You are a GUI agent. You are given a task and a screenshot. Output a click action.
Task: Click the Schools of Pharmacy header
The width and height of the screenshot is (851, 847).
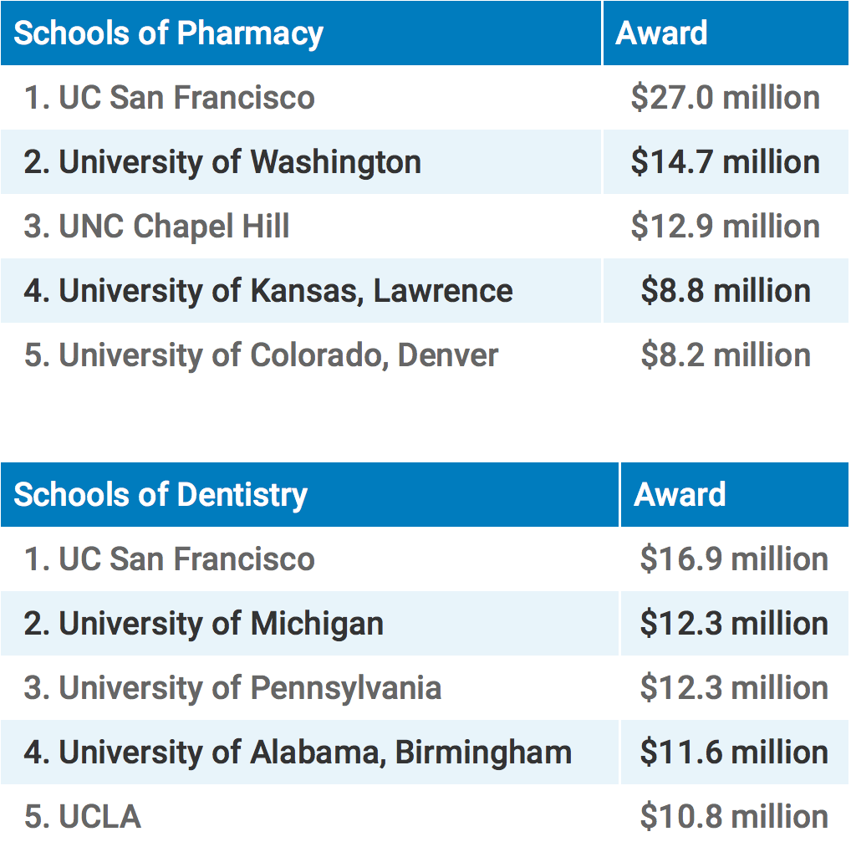tap(169, 33)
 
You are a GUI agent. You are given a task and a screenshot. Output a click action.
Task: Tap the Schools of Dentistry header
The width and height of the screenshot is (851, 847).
tap(161, 495)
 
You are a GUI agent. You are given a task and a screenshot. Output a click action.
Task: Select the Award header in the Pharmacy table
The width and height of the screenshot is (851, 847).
tap(661, 33)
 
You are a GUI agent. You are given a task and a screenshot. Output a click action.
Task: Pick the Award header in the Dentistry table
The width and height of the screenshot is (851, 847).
tap(680, 495)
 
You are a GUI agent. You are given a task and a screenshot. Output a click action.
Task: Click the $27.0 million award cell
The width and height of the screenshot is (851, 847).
tap(725, 98)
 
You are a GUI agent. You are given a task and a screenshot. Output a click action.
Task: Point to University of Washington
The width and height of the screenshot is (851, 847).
tap(222, 162)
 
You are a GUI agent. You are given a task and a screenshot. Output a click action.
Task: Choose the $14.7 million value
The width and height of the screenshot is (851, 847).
tap(725, 162)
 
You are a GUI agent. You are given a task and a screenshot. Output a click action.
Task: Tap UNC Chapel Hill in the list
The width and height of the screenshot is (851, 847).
tap(157, 227)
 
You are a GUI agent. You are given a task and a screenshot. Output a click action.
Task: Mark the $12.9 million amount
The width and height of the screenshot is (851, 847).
tap(725, 227)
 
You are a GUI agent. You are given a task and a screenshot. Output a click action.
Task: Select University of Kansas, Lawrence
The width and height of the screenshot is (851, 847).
tap(268, 291)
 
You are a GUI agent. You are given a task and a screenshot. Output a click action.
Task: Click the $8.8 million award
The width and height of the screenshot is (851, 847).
tap(725, 291)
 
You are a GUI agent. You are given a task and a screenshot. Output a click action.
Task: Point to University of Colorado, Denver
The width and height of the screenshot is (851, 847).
tap(261, 355)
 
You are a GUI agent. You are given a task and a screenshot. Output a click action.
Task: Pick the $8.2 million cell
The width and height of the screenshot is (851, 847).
tap(725, 355)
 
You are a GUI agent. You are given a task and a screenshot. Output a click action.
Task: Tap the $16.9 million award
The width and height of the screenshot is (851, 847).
tap(734, 559)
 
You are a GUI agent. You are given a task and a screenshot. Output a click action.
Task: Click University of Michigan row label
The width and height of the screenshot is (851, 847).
tap(204, 624)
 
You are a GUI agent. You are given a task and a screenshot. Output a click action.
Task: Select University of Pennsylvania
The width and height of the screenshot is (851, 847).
tap(232, 688)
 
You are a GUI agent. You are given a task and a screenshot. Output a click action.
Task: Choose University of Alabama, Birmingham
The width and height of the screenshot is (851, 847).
tap(298, 753)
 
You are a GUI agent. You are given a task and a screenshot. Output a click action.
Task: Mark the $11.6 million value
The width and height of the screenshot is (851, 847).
tap(734, 753)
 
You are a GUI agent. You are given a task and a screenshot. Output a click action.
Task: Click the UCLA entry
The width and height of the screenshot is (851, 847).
tap(83, 817)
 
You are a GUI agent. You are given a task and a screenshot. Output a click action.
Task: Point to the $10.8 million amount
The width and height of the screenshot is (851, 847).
tap(734, 817)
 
